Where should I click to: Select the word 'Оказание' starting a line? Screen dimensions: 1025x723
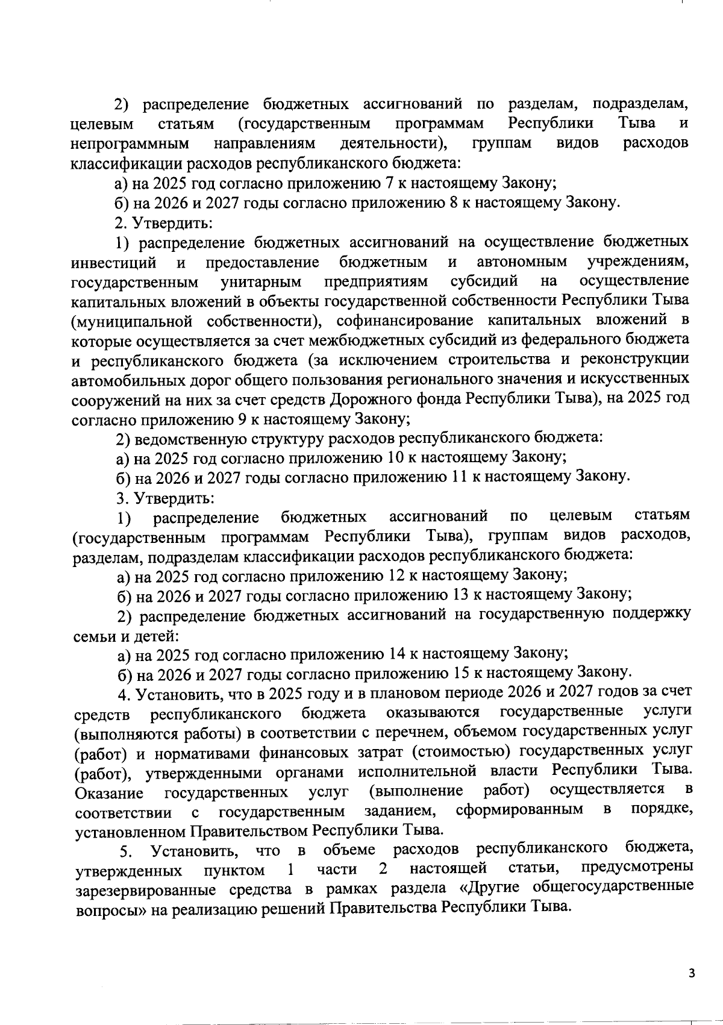pos(109,793)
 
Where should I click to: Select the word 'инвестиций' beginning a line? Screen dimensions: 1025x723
pos(113,263)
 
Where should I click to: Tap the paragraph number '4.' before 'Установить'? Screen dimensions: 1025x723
pos(125,694)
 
